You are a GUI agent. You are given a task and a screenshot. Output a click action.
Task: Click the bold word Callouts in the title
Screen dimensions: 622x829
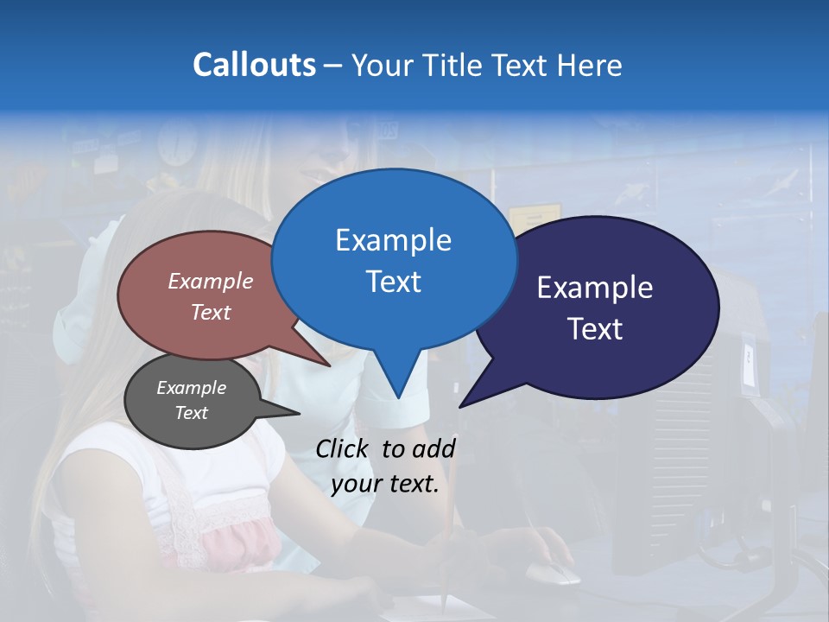[x=254, y=65]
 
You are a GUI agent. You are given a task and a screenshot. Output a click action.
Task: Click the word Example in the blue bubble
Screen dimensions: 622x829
[x=393, y=240]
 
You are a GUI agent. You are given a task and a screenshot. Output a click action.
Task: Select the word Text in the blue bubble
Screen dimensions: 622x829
[x=393, y=282]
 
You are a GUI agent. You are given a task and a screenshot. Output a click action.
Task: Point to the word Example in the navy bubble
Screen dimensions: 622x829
[x=595, y=288]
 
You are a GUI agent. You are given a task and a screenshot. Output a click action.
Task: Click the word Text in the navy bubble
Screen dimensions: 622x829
[x=595, y=329]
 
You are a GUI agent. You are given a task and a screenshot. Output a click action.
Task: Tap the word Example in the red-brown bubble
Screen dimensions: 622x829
[x=211, y=281]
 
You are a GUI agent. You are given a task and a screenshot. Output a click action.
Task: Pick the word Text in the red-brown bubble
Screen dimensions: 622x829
[x=211, y=312]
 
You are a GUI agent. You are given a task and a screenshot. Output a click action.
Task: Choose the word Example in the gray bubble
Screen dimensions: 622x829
[x=191, y=388]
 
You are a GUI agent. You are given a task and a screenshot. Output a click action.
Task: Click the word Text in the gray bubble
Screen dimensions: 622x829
[x=191, y=413]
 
